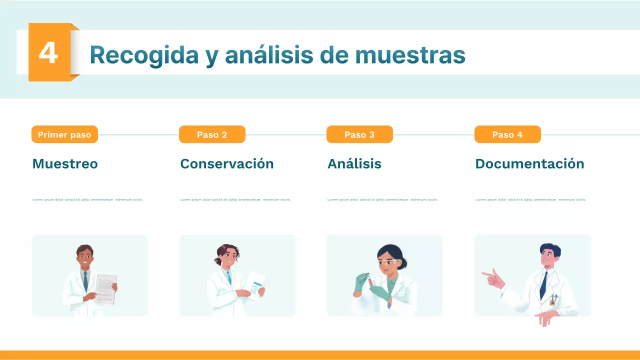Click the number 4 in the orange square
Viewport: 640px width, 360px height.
pyautogui.click(x=48, y=53)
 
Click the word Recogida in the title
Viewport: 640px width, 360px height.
pyautogui.click(x=144, y=55)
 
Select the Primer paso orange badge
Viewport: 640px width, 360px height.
pyautogui.click(x=64, y=134)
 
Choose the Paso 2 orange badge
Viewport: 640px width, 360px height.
pyautogui.click(x=212, y=134)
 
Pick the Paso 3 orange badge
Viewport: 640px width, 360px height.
pyautogui.click(x=359, y=134)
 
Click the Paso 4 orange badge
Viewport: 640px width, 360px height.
pyautogui.click(x=507, y=134)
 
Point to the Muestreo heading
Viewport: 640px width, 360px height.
pyautogui.click(x=65, y=164)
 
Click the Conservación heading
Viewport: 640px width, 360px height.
pyautogui.click(x=227, y=164)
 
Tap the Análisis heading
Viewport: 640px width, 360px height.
pyautogui.click(x=354, y=164)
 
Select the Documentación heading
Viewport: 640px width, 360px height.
pyautogui.click(x=529, y=164)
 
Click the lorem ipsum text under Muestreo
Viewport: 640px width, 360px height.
pyautogui.click(x=88, y=199)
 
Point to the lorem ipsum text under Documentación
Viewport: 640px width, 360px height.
pyautogui.click(x=530, y=199)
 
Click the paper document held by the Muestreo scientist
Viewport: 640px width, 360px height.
pyautogui.click(x=105, y=289)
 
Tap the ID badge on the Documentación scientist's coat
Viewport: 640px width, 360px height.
pyautogui.click(x=552, y=300)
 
